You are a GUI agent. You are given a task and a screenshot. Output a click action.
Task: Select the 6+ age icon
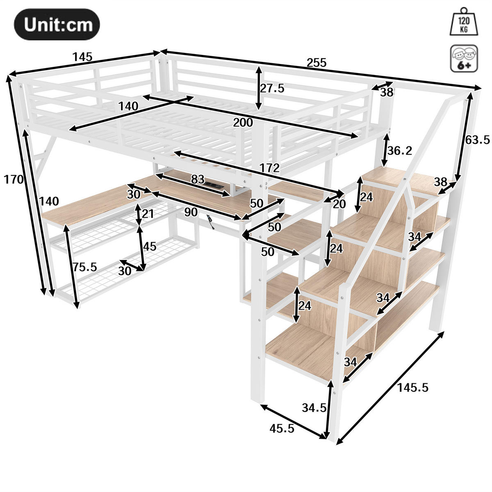pos(464,59)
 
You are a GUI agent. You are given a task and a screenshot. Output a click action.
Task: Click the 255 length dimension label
pos(317,63)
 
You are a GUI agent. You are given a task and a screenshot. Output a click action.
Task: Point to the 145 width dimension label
pos(83,57)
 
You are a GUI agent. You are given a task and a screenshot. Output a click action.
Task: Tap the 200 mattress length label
pos(243,122)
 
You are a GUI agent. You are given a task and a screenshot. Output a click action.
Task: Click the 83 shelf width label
pos(198,179)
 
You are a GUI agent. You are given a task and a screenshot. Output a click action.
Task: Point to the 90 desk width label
pos(191,212)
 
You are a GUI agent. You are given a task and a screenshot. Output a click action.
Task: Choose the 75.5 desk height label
pos(85,267)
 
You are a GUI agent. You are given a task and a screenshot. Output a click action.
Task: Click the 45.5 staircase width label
pos(282,428)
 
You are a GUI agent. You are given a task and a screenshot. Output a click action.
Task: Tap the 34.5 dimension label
pos(314,408)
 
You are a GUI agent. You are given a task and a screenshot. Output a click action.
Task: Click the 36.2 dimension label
pos(400,151)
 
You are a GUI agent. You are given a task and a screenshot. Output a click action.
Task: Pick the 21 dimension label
pos(147,214)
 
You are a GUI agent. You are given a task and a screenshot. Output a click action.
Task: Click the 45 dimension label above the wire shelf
pos(150,246)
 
